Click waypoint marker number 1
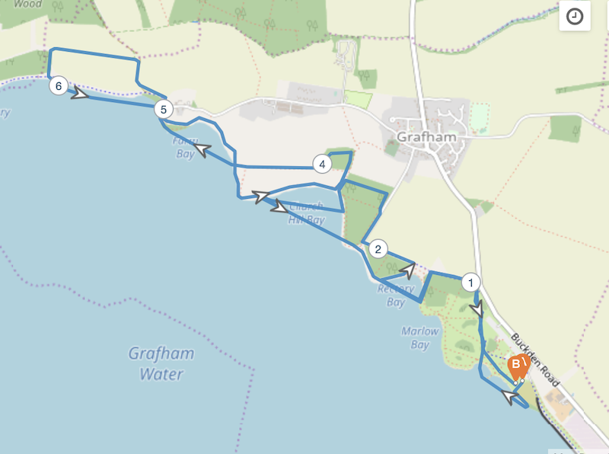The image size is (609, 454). [471, 282]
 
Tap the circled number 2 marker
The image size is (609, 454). [378, 248]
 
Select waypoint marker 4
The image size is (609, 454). [323, 164]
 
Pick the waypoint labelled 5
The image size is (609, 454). [163, 110]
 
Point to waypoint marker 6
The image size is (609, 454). [59, 85]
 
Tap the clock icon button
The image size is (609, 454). [576, 17]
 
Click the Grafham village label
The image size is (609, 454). [426, 137]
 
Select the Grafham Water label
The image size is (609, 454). [161, 364]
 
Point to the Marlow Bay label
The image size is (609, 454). [419, 337]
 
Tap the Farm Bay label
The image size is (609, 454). [184, 148]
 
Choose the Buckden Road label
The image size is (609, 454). [537, 360]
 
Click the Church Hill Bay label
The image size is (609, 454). [307, 213]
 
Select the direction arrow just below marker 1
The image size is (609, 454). [477, 311]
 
